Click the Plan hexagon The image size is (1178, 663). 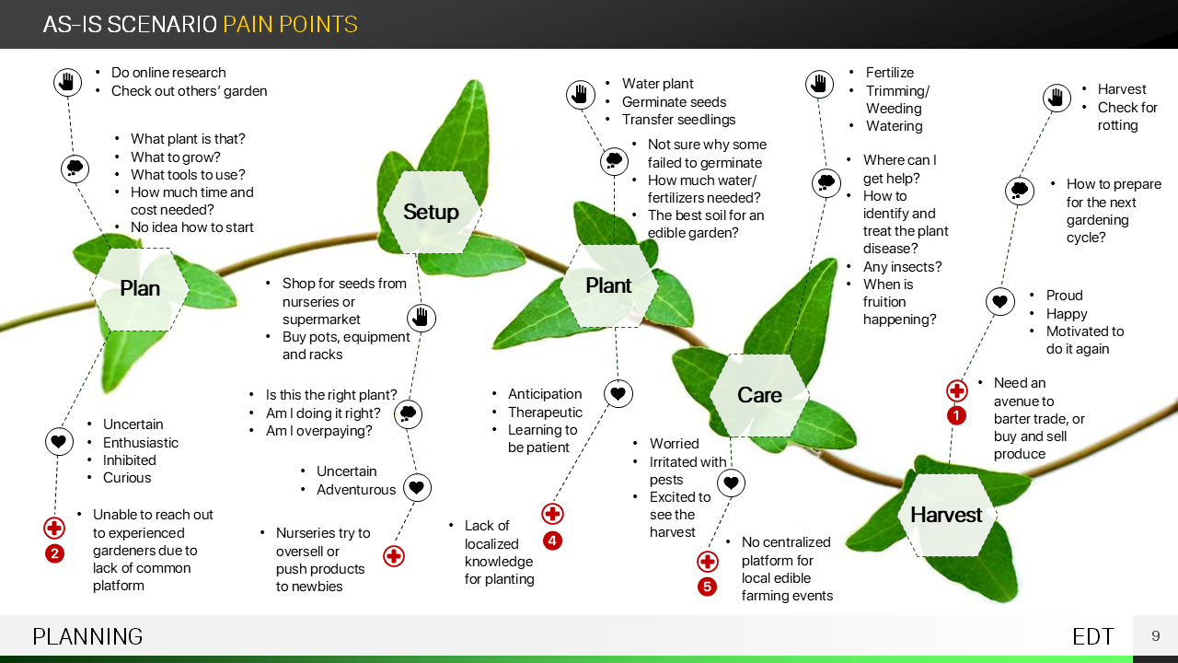click(x=140, y=289)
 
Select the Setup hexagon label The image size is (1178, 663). click(x=431, y=212)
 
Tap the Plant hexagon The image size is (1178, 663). click(x=608, y=285)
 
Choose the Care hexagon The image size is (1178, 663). click(x=759, y=395)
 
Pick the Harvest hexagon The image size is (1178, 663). click(x=946, y=515)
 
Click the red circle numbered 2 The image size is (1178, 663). click(x=55, y=554)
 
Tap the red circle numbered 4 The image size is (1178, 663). click(x=552, y=541)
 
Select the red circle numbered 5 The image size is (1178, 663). click(x=707, y=587)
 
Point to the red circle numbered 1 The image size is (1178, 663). click(x=957, y=416)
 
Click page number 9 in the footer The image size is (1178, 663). click(x=1156, y=636)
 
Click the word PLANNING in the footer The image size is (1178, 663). click(x=87, y=636)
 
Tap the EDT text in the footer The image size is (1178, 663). click(x=1093, y=636)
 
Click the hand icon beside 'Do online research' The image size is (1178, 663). click(x=67, y=82)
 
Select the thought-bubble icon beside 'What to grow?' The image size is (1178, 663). click(x=75, y=169)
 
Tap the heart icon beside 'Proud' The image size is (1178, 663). click(x=1000, y=301)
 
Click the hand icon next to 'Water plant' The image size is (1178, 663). click(x=580, y=94)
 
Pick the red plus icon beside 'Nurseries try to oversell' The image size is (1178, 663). click(x=394, y=556)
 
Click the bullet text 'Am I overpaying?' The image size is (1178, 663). click(x=318, y=431)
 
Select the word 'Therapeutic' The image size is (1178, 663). click(x=545, y=413)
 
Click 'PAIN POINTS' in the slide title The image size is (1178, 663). click(x=290, y=25)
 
